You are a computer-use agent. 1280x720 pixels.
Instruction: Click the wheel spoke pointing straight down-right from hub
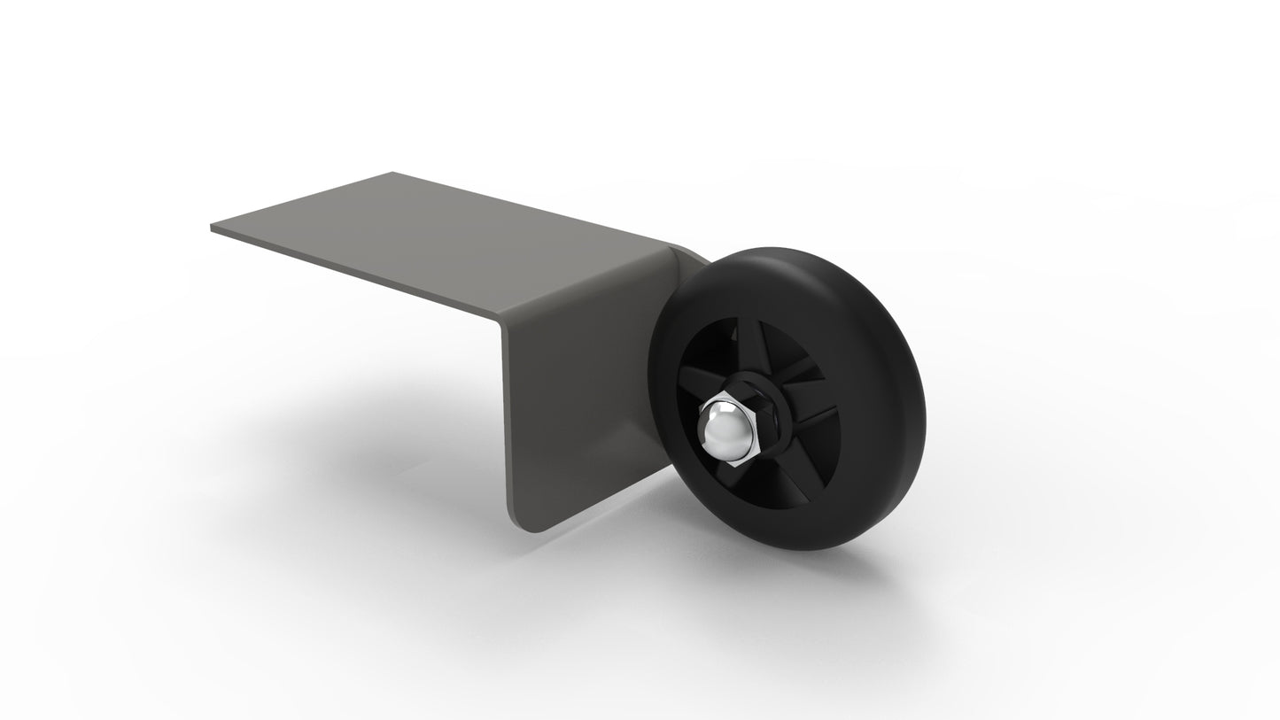[783, 469]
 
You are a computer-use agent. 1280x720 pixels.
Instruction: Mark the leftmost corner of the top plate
[212, 228]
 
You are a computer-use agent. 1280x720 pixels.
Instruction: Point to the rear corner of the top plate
[392, 173]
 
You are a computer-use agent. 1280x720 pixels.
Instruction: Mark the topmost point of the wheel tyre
[780, 249]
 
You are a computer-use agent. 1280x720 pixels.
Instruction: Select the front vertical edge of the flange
[507, 416]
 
